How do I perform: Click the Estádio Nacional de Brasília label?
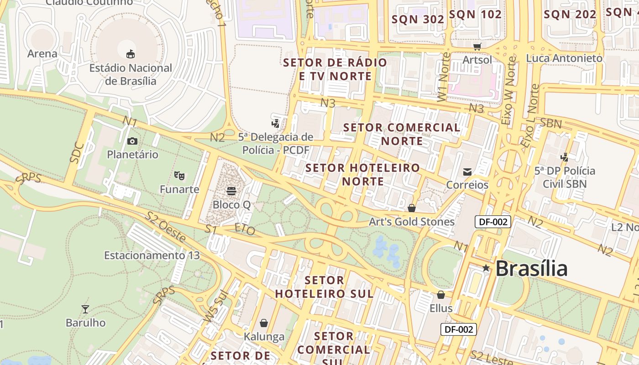(x=131, y=74)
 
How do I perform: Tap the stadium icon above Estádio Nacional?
(x=131, y=54)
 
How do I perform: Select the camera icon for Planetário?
(x=132, y=141)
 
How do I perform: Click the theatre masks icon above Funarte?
(x=179, y=175)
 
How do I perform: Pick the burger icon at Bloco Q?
(x=231, y=191)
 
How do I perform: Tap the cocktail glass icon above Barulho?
(x=85, y=309)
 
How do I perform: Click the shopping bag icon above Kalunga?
(x=264, y=323)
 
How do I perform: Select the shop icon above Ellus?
(x=440, y=295)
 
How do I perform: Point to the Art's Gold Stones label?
(x=412, y=222)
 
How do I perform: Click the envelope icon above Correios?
(x=467, y=172)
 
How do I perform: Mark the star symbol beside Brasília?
(x=486, y=268)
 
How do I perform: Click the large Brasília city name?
(x=531, y=268)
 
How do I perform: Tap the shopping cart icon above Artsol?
(x=477, y=46)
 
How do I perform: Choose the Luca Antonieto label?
(x=564, y=58)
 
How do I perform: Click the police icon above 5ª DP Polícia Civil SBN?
(x=565, y=157)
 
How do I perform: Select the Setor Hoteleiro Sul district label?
(x=324, y=287)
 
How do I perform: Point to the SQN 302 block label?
(x=418, y=19)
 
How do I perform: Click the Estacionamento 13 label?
(x=152, y=255)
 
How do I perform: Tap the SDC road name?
(x=77, y=153)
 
